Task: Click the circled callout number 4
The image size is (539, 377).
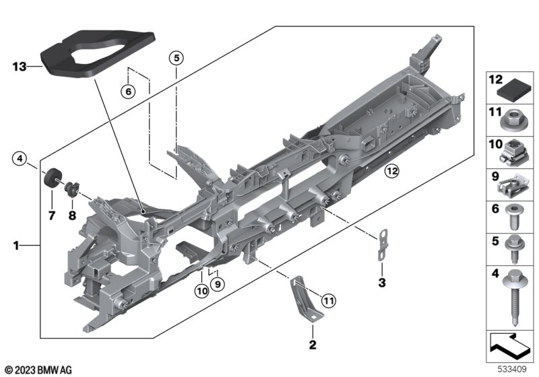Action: coord(21,160)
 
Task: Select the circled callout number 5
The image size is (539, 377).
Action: coord(175,57)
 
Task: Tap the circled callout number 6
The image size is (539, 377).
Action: coord(129,90)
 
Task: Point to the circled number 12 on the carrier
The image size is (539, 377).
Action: coord(391,172)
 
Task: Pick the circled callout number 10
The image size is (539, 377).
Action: coord(201,291)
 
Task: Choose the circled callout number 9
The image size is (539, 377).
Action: coord(217,285)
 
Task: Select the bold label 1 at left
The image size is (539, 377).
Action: coord(15,247)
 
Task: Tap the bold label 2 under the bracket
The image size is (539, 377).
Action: coord(312,345)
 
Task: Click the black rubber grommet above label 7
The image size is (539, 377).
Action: coord(51,178)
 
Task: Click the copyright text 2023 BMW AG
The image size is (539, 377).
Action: coord(38,370)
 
